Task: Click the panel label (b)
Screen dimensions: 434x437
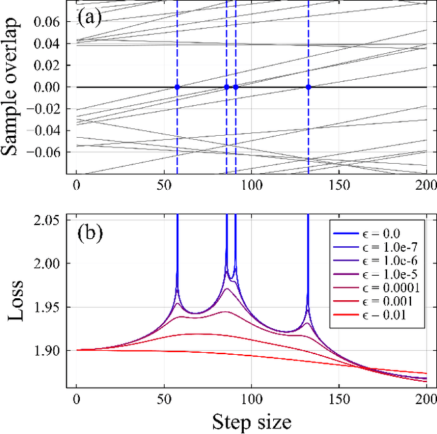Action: click(x=90, y=233)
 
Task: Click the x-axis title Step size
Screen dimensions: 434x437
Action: click(x=250, y=421)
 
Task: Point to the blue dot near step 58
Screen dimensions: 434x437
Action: click(x=177, y=87)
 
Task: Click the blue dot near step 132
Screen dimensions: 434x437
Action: click(x=309, y=87)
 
